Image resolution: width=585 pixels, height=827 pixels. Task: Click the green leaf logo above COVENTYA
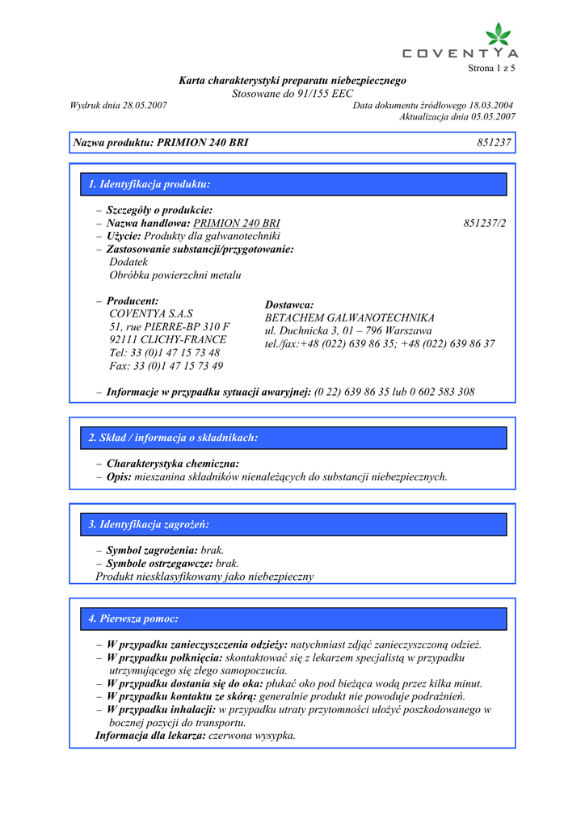tap(499, 35)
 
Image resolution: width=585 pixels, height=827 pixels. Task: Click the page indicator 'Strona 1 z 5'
tap(491, 68)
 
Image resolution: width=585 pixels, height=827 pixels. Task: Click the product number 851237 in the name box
tap(495, 143)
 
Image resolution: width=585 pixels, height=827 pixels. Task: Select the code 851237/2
tap(485, 223)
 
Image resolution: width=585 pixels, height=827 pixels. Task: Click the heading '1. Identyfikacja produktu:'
tap(149, 184)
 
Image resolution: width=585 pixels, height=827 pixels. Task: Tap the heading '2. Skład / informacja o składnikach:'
tap(173, 438)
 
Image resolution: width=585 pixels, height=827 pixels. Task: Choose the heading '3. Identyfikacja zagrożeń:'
tap(149, 525)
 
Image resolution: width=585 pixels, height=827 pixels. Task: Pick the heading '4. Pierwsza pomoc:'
tap(133, 619)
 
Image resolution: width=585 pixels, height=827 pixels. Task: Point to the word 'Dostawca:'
tap(288, 304)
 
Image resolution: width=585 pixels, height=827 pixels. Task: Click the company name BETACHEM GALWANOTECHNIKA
tap(350, 317)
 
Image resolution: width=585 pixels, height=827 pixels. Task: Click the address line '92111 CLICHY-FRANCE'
tap(168, 339)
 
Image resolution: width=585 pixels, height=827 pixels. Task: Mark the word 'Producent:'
tap(133, 300)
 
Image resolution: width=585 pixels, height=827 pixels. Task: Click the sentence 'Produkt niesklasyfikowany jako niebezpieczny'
tap(204, 577)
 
